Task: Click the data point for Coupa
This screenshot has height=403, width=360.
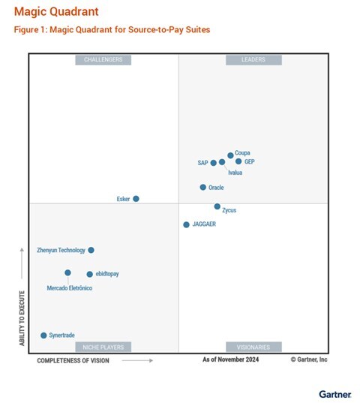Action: (230, 155)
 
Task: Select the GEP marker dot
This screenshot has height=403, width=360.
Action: (238, 161)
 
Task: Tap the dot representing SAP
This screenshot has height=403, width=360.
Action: (214, 162)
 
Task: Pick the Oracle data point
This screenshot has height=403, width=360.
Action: (202, 188)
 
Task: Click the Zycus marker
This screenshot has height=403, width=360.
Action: (217, 206)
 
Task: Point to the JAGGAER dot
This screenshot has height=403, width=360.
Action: (186, 224)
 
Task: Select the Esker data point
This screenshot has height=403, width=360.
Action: (136, 199)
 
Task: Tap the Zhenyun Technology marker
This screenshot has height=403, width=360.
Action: (91, 250)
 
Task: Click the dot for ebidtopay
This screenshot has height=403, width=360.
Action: (89, 274)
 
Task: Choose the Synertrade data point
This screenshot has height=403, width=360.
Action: (43, 335)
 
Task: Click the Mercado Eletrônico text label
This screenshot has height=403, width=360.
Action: (70, 288)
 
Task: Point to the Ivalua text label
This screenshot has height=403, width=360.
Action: (235, 173)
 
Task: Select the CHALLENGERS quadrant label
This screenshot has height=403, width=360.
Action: (103, 60)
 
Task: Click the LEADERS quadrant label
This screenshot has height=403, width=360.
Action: (253, 60)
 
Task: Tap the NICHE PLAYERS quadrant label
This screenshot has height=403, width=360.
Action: (103, 347)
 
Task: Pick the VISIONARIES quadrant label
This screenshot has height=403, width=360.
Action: (253, 347)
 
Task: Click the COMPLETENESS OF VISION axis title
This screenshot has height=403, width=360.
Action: (73, 361)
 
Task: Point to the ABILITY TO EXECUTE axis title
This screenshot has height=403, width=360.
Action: (22, 317)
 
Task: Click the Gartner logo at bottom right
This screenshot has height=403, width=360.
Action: (334, 393)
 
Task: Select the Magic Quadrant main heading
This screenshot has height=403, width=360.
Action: (55, 13)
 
